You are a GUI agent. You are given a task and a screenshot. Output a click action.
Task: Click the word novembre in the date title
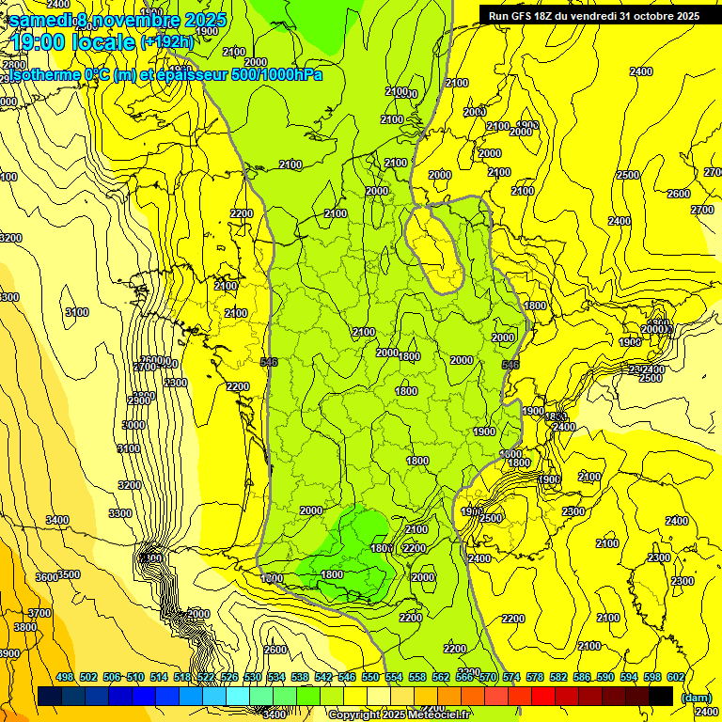pyautogui.click(x=134, y=20)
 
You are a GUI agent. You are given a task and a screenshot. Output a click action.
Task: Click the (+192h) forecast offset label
pyautogui.click(x=166, y=41)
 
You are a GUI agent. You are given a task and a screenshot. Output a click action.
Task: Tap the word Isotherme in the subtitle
pyautogui.click(x=43, y=74)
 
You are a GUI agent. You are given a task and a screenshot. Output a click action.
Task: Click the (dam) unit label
pyautogui.click(x=696, y=697)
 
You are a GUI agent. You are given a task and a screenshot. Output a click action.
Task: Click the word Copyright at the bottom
pyautogui.click(x=356, y=714)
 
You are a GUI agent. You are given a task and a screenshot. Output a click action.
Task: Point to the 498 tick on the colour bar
pyautogui.click(x=65, y=677)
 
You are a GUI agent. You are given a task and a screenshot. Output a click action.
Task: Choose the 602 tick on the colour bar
pyautogui.click(x=676, y=677)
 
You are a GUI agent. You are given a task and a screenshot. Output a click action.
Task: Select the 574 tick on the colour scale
pyautogui.click(x=511, y=677)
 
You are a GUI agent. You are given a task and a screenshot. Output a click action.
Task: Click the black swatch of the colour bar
pyautogui.click(x=661, y=696)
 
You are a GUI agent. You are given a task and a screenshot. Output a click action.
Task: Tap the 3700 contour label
pyautogui.click(x=39, y=613)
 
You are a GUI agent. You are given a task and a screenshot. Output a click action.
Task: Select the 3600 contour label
pyautogui.click(x=46, y=577)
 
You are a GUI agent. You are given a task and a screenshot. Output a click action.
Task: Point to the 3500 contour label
pyautogui.click(x=69, y=574)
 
